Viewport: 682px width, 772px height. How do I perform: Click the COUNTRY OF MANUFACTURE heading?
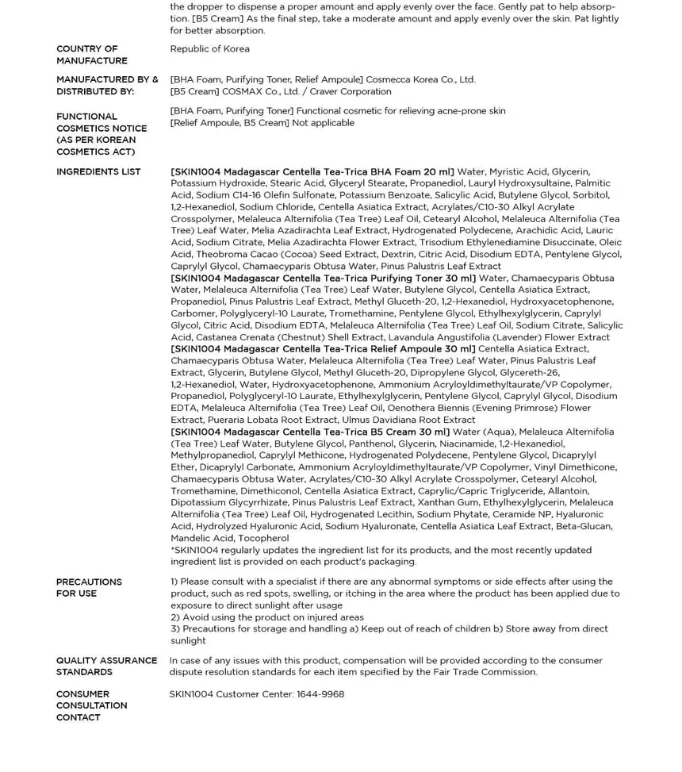click(91, 55)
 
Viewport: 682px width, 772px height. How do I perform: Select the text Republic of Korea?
click(209, 49)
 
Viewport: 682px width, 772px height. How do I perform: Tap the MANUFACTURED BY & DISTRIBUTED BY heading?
click(106, 86)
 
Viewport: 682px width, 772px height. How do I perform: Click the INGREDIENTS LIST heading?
click(98, 172)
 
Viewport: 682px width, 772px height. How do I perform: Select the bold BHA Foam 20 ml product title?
click(312, 172)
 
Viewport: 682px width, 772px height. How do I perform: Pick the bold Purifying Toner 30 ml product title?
click(324, 278)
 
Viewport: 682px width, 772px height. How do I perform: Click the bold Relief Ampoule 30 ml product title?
click(323, 349)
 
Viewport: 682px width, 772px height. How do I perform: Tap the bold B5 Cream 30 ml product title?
click(310, 432)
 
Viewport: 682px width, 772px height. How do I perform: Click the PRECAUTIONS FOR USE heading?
click(89, 588)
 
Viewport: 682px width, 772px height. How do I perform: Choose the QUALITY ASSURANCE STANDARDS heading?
click(106, 666)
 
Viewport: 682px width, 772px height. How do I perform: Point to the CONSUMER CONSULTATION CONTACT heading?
click(91, 705)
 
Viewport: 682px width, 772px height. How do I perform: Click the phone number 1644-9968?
click(320, 694)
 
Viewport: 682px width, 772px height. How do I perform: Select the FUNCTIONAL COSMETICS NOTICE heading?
click(101, 134)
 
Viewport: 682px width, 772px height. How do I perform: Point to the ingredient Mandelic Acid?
click(201, 538)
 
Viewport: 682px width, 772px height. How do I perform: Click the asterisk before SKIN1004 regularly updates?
click(173, 549)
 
